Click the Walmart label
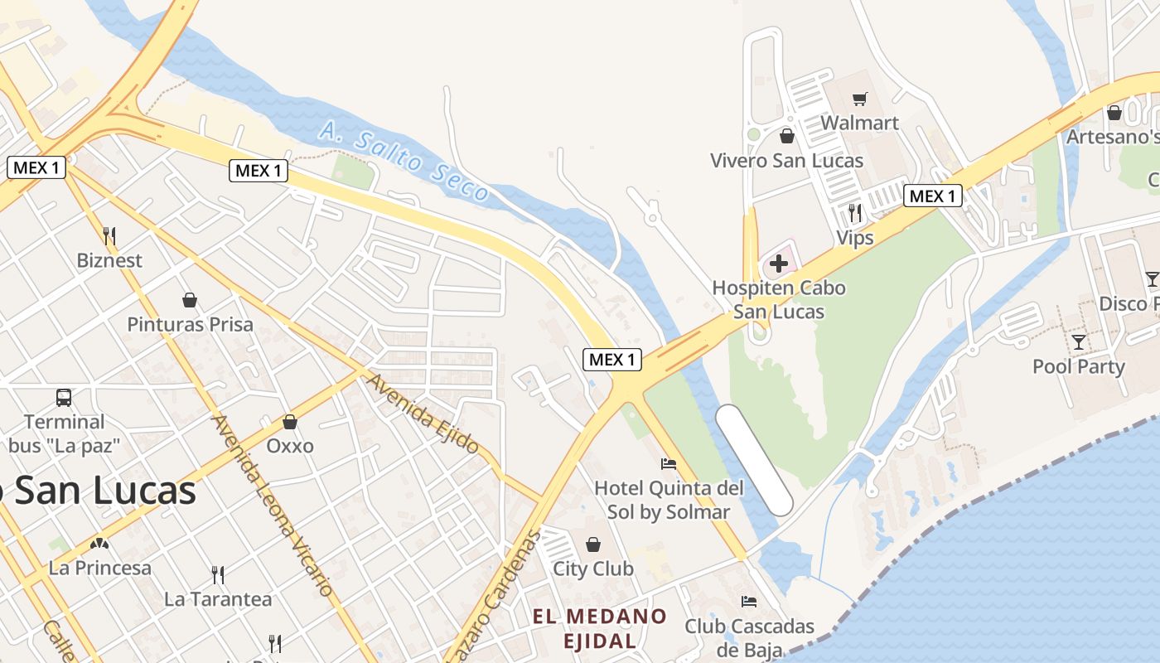click(859, 123)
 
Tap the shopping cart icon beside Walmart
click(859, 99)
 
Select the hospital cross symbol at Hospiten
click(778, 264)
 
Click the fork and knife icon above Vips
click(855, 213)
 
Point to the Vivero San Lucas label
click(786, 161)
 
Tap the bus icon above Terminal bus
click(64, 398)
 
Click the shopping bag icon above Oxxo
click(290, 422)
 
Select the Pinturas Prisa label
click(190, 324)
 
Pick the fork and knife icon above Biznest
click(109, 235)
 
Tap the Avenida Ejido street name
click(423, 414)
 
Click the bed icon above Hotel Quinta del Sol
click(669, 463)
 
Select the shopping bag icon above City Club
click(593, 544)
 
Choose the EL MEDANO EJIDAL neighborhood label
click(600, 628)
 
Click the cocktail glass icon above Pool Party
click(1078, 341)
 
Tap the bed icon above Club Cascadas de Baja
click(749, 601)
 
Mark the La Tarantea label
click(218, 598)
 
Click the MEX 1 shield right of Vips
click(932, 196)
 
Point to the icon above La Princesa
click(99, 544)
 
